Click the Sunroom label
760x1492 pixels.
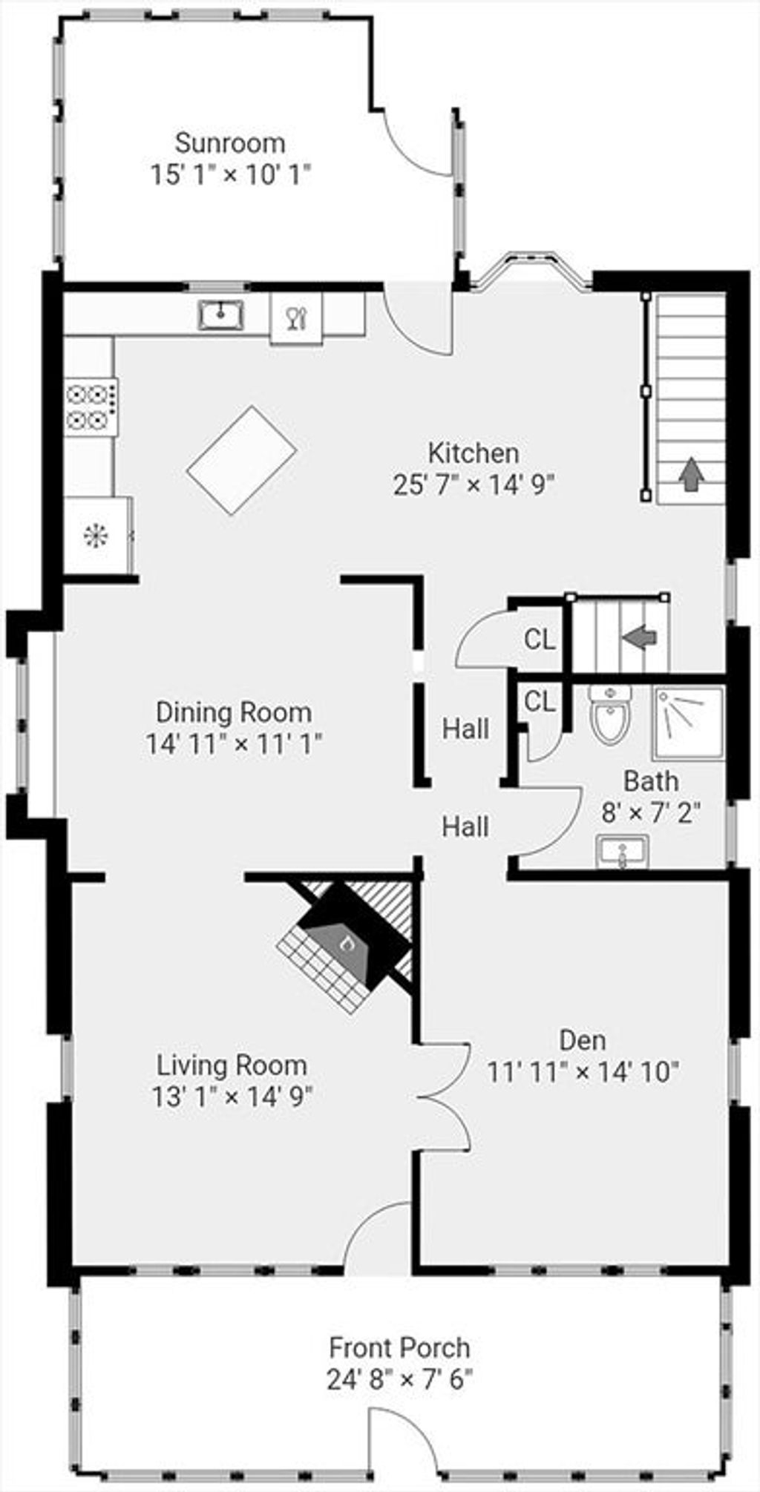tap(230, 142)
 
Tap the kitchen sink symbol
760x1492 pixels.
tap(221, 315)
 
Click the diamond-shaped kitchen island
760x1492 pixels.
tap(242, 460)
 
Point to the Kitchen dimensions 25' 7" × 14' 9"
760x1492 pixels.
tap(474, 484)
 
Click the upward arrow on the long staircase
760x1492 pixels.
tap(692, 473)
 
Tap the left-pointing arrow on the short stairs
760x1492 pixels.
tap(639, 637)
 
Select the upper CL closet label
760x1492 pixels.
tap(540, 639)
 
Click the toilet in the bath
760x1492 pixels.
tap(610, 715)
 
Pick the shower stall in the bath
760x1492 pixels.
tap(688, 723)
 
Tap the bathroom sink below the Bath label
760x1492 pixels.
tap(622, 851)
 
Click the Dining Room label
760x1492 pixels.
tap(233, 712)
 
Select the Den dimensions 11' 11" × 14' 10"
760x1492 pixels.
tap(583, 1072)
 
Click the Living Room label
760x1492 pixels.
tap(232, 1065)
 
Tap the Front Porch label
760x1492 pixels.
tap(399, 1347)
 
